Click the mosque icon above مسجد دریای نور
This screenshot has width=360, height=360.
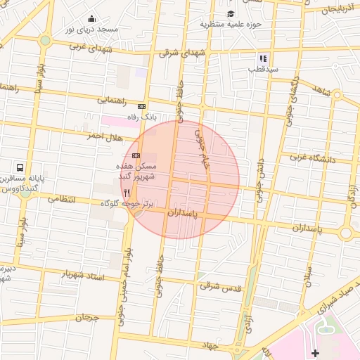(x=92, y=19)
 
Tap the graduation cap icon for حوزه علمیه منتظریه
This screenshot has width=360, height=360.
(x=231, y=14)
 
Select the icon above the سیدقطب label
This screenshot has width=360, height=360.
(x=262, y=58)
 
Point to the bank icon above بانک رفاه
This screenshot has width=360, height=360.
(x=141, y=105)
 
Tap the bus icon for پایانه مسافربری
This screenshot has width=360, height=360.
(x=20, y=169)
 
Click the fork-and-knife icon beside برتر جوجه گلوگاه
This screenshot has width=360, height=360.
(x=127, y=192)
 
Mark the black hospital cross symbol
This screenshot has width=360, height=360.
(x=315, y=352)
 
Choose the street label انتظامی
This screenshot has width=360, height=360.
(x=62, y=200)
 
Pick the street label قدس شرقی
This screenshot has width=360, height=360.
(x=220, y=286)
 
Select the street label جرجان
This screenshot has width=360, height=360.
(x=89, y=318)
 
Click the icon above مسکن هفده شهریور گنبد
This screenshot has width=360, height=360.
(x=136, y=155)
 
